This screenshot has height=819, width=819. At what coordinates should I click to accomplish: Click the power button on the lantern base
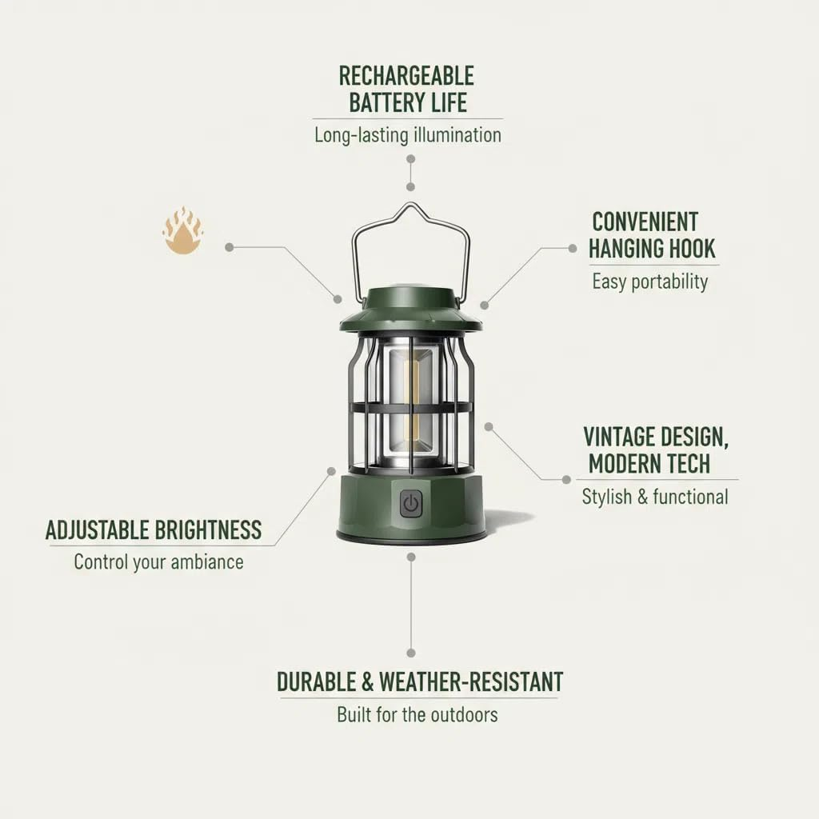point(411,504)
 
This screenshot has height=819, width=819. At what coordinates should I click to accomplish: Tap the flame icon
point(182,231)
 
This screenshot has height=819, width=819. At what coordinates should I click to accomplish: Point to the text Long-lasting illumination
point(408,134)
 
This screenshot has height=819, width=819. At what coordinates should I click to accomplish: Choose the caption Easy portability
point(649,282)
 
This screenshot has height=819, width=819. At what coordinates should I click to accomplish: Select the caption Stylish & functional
point(655,497)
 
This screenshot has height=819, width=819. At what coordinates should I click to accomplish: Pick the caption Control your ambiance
point(158,561)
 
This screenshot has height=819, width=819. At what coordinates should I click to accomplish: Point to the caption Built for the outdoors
point(417,714)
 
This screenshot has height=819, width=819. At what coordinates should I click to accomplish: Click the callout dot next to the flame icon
point(230,248)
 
